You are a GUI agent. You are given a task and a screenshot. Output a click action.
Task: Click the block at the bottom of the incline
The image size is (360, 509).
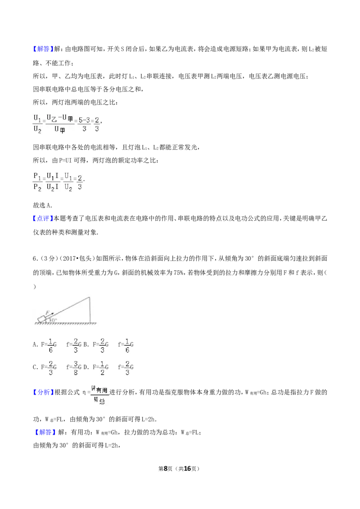42,319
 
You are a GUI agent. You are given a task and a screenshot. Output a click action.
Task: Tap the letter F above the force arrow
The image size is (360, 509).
48,312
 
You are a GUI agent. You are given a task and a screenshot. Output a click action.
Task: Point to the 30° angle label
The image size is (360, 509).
53,320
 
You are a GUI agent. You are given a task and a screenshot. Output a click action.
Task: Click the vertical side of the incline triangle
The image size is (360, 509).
90,309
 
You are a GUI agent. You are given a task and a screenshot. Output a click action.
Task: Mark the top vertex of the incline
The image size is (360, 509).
89,295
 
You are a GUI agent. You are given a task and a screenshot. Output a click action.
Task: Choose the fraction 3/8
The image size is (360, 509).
76,368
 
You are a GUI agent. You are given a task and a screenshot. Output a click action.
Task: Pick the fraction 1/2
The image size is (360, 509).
102,368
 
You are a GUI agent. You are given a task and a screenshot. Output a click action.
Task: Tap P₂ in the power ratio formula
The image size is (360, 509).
36,188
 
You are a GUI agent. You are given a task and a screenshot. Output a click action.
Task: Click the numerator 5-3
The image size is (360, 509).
84,120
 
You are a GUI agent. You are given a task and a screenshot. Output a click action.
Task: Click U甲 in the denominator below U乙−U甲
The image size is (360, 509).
59,130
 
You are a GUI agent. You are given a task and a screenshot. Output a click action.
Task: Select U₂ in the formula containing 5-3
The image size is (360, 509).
37,130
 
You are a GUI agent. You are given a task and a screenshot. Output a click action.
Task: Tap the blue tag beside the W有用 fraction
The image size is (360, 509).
43,392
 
